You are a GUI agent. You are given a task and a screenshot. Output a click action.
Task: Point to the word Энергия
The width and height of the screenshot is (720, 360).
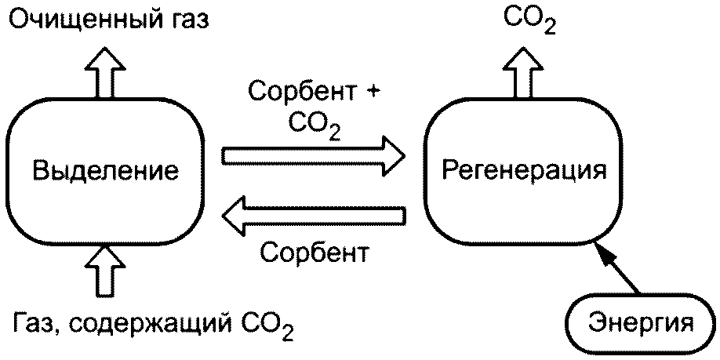[x=641, y=323]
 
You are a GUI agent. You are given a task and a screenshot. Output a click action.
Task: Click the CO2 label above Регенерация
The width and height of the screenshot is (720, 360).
[x=529, y=20]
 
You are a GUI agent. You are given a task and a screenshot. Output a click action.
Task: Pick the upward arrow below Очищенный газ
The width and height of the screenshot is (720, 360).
[x=105, y=73]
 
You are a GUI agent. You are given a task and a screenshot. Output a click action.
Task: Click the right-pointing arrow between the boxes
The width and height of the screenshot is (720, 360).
[x=314, y=156]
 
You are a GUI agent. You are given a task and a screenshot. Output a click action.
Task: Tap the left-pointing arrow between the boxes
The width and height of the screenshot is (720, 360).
[x=314, y=216]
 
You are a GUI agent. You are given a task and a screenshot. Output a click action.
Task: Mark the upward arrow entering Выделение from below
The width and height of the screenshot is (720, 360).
[x=105, y=269]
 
